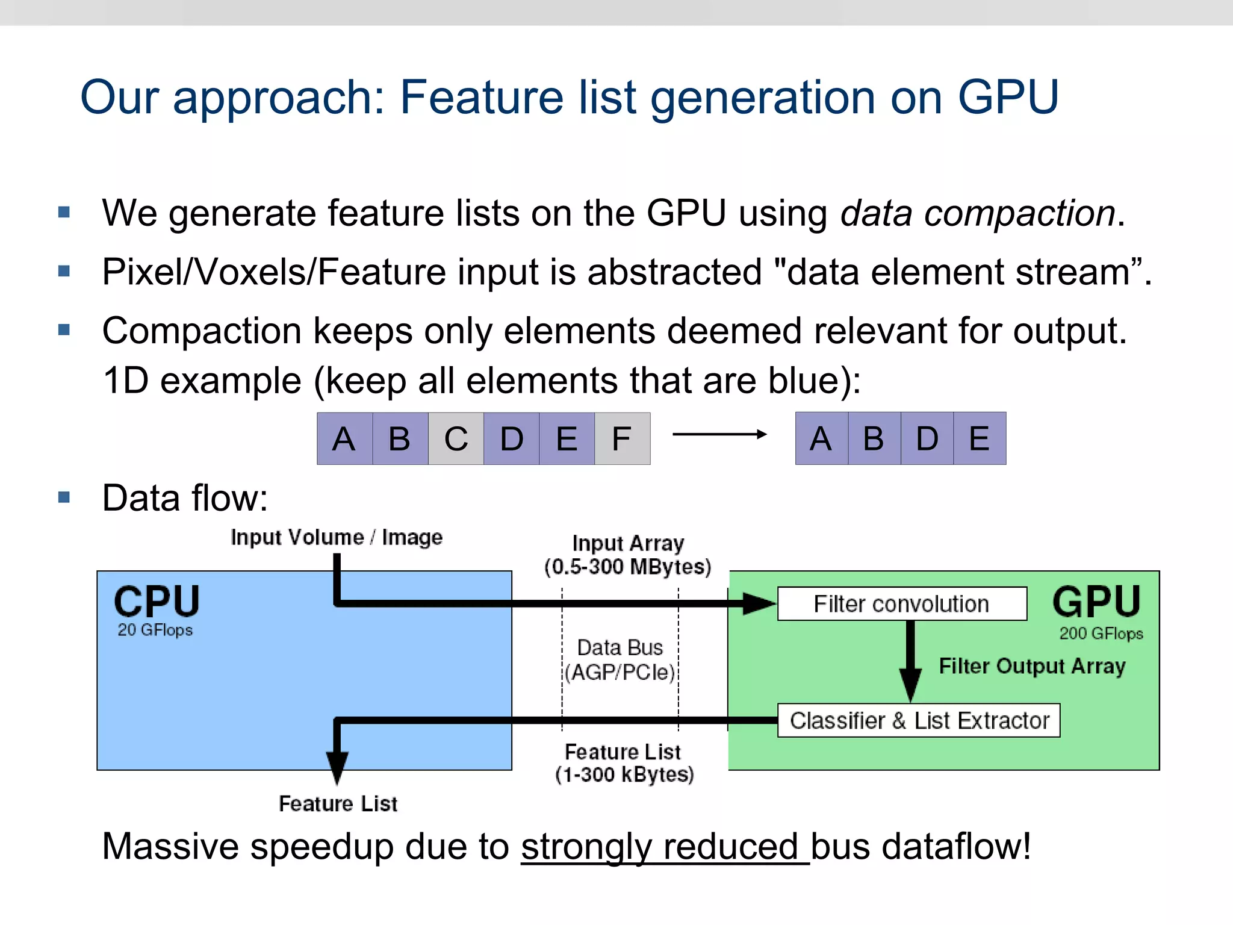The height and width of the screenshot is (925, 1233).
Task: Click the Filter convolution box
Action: click(901, 603)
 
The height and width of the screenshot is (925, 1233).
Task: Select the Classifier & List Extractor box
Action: click(918, 720)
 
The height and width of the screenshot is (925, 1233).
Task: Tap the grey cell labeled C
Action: click(456, 438)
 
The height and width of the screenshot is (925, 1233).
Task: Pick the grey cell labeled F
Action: click(622, 438)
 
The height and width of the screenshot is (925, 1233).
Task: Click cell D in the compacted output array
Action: click(927, 438)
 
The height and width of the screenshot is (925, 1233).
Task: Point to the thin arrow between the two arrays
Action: click(719, 434)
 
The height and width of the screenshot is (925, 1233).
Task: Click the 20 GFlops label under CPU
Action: click(155, 630)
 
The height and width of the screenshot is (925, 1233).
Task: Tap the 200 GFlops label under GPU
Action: click(1101, 634)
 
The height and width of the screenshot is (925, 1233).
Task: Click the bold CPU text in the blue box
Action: click(157, 601)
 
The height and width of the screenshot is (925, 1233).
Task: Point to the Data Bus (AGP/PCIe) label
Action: click(620, 660)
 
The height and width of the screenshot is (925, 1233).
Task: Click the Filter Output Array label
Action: click(1032, 666)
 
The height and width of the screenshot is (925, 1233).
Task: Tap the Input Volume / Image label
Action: click(336, 537)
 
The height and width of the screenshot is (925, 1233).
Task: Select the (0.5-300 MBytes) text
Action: click(627, 567)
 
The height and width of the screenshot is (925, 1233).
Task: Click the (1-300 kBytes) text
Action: click(624, 774)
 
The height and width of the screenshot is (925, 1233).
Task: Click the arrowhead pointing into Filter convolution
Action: click(759, 603)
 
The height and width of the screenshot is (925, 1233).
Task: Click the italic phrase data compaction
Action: click(978, 213)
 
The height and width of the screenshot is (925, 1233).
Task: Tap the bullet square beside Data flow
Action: click(64, 497)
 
